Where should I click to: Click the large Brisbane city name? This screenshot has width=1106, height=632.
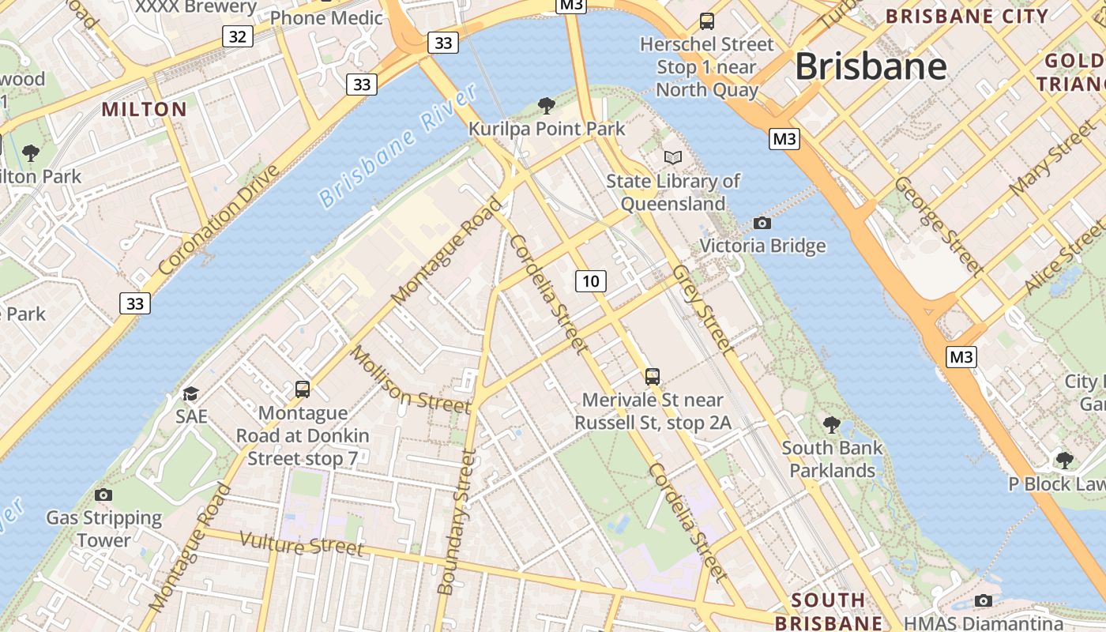coord(871,66)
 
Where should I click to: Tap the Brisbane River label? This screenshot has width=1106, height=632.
coord(399,146)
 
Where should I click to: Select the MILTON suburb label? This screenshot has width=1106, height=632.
coord(145,109)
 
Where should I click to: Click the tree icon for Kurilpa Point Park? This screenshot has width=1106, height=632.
coord(545,105)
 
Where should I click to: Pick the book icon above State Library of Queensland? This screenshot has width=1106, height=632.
coord(672,157)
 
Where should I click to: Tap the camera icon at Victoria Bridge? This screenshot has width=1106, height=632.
coord(762,223)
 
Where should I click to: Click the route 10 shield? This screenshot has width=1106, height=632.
coord(590,280)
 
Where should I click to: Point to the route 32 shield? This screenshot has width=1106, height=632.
coord(238,36)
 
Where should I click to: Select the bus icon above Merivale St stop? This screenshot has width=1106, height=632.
coord(653,376)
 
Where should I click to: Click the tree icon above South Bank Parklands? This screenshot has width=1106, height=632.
coord(832,425)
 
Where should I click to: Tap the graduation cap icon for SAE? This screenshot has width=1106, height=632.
coord(190,393)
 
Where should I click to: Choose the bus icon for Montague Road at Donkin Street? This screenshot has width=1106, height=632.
coord(303,389)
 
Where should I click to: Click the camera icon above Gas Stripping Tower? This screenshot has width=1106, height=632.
coord(103,495)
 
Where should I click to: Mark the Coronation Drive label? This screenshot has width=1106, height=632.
coord(219,220)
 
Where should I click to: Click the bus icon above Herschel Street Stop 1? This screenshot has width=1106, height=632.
coord(707,21)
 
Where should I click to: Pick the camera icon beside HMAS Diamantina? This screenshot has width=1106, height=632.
coord(984,600)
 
